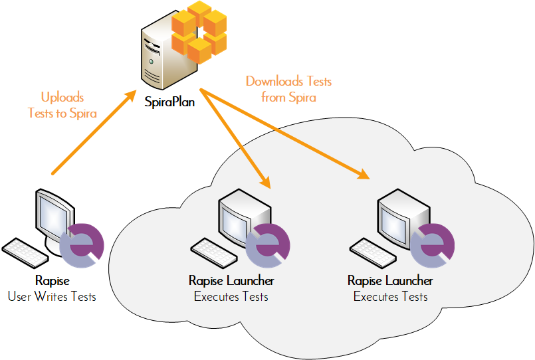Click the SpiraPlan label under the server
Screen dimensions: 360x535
[x=170, y=102]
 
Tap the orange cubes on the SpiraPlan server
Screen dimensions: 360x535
[x=199, y=31]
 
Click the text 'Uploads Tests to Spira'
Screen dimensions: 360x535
[x=62, y=105]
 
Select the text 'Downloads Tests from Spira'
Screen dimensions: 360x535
[x=288, y=89]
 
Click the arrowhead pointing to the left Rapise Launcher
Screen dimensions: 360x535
[x=267, y=181]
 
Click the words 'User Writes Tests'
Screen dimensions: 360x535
[x=52, y=296]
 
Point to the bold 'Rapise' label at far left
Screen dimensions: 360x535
[x=52, y=281]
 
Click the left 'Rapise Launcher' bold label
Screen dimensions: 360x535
[x=231, y=281]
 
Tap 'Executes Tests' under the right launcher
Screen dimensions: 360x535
[x=390, y=296]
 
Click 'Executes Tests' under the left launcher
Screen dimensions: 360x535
[x=231, y=296]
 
